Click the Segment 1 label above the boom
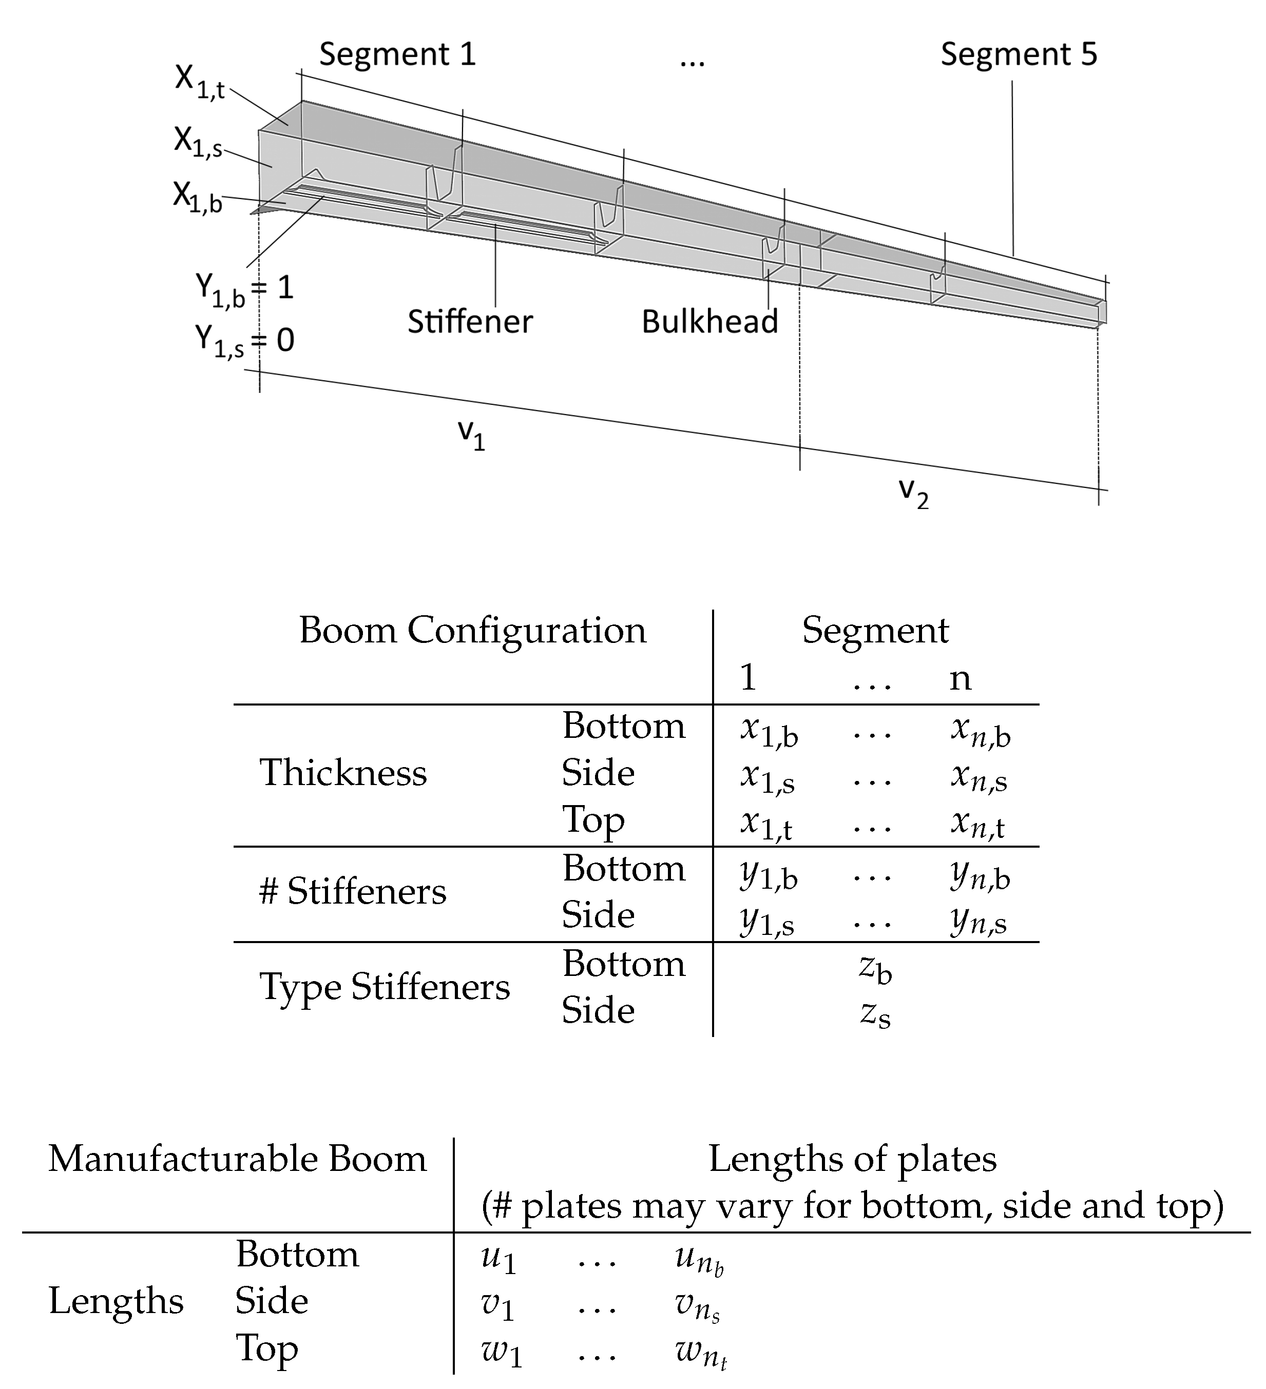click(398, 54)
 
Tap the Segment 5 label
click(1019, 54)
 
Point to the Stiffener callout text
click(470, 322)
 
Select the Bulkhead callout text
click(710, 322)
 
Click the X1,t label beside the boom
click(199, 82)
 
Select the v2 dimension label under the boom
click(914, 493)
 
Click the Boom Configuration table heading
click(473, 631)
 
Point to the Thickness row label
click(343, 772)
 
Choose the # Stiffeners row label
click(353, 892)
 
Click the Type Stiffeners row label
click(385, 987)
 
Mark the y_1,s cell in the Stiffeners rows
click(767, 921)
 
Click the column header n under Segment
click(960, 679)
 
